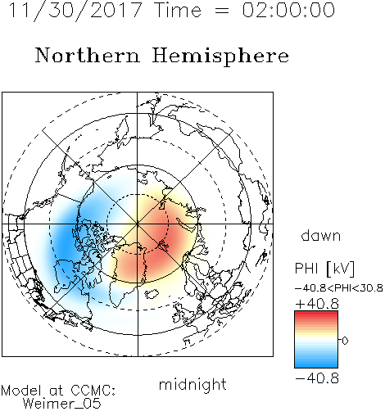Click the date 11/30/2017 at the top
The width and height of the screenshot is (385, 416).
(x=75, y=11)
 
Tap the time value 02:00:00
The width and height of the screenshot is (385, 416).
(x=288, y=10)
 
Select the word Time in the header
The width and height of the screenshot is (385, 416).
(x=178, y=10)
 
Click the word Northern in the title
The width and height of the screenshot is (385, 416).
(x=88, y=55)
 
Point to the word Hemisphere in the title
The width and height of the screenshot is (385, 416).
(x=220, y=57)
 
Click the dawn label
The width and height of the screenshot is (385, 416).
(x=321, y=235)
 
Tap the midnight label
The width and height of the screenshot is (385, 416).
(x=192, y=385)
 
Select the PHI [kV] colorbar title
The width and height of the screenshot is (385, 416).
(x=324, y=269)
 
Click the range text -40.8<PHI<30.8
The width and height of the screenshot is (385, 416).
(x=339, y=288)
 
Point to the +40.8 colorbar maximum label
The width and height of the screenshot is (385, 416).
(x=317, y=304)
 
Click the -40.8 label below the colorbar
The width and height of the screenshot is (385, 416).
(x=317, y=378)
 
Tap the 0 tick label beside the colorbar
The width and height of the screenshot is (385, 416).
(x=345, y=341)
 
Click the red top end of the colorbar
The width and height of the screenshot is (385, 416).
(x=316, y=314)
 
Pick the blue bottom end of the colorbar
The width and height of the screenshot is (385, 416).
(x=316, y=365)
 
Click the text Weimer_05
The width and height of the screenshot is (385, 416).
(x=62, y=404)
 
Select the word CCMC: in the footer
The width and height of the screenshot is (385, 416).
(x=93, y=391)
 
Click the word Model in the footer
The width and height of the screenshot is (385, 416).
(x=22, y=391)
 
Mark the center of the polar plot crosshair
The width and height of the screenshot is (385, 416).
(x=138, y=224)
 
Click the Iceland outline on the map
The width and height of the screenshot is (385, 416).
(x=152, y=294)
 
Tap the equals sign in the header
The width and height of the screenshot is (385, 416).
(x=222, y=11)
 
